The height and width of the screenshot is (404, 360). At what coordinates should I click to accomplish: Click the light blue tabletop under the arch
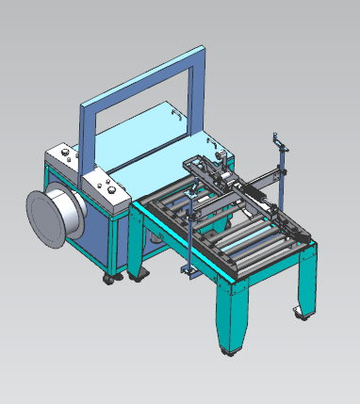pos(151,141)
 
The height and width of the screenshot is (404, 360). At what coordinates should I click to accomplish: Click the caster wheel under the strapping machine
pos(111,280)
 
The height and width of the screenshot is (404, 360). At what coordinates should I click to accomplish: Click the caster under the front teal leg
pos(229,351)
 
